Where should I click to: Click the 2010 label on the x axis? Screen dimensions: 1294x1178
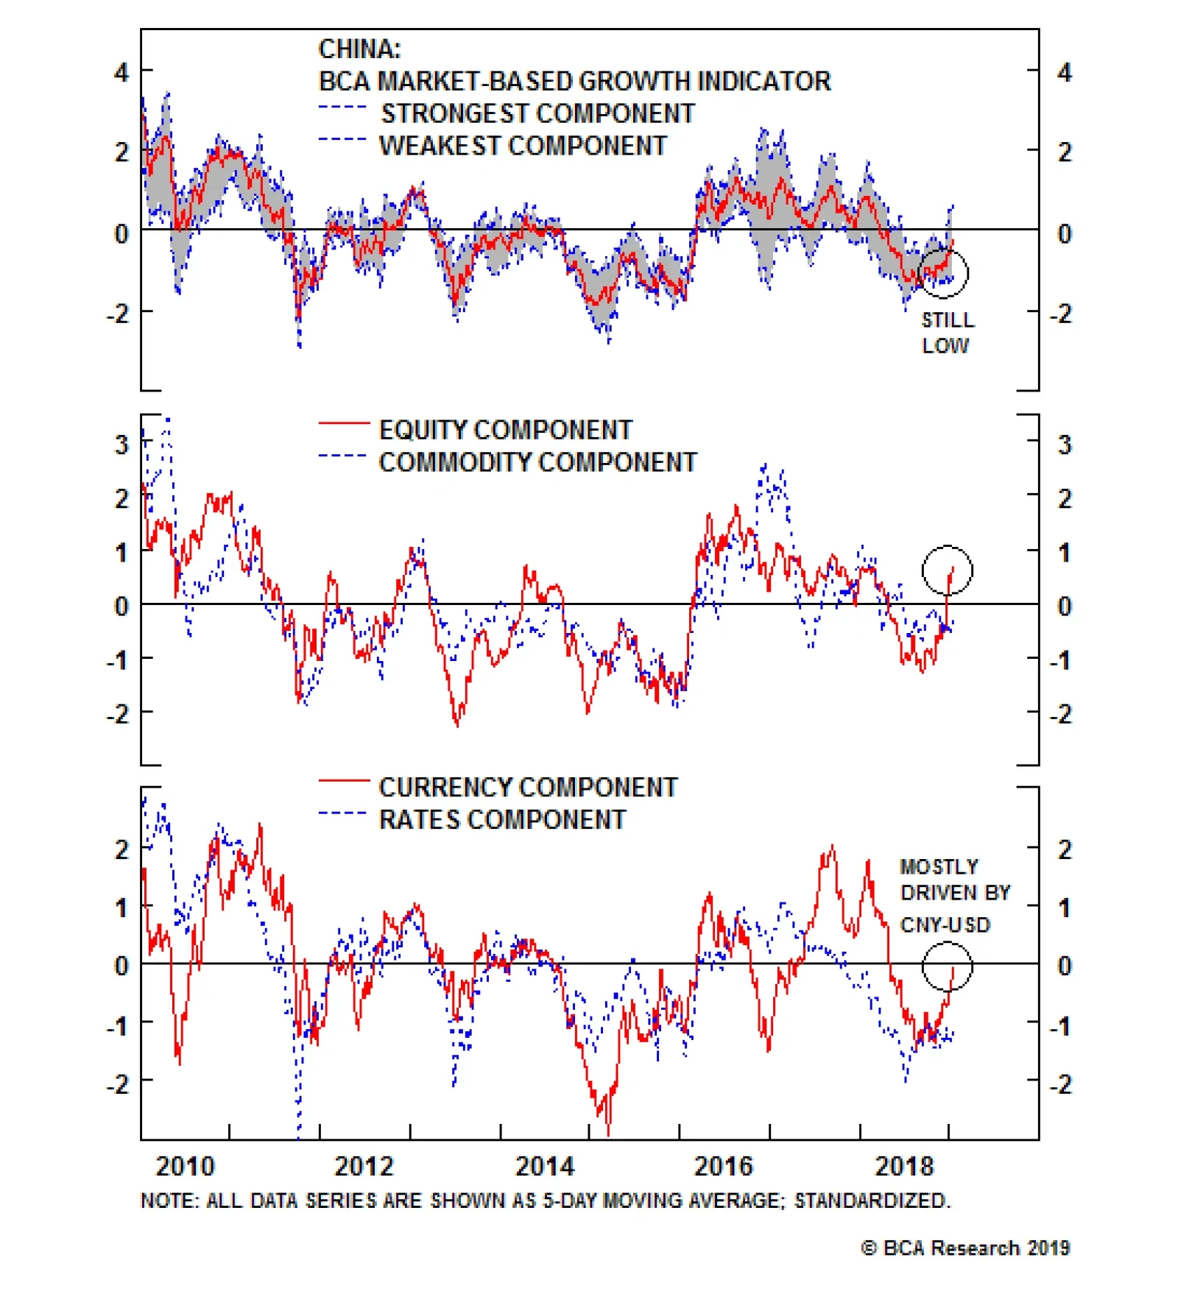click(185, 1166)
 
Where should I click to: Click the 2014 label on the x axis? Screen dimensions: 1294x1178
click(544, 1166)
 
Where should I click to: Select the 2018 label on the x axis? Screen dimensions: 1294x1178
click(903, 1166)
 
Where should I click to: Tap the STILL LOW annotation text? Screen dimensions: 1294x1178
click(947, 333)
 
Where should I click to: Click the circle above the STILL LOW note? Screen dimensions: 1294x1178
click(943, 273)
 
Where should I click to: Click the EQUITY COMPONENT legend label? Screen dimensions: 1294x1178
click(505, 430)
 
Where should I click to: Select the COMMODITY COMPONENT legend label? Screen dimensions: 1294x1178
click(537, 462)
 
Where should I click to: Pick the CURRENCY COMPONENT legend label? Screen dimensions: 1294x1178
click(528, 788)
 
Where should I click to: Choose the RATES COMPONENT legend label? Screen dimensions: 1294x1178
click(502, 819)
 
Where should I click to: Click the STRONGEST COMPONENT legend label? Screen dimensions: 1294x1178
click(537, 113)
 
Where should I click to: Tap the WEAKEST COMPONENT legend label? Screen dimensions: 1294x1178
click(523, 146)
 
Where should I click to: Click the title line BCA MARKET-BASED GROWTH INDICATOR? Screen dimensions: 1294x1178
click(574, 81)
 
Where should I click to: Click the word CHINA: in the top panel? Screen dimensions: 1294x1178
click(359, 49)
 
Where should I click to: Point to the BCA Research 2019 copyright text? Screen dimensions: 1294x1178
click(965, 1248)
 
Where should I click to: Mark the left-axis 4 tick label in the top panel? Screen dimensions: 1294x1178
click(121, 72)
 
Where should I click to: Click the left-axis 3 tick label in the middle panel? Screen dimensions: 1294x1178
click(121, 445)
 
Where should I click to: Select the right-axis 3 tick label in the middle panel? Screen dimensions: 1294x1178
click(1064, 445)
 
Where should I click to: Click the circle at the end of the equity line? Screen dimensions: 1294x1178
click(948, 570)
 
